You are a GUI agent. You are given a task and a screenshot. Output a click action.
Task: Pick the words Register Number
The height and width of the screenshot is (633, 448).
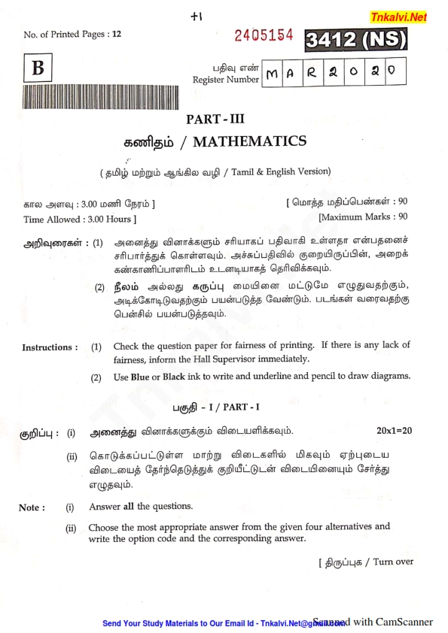[x=225, y=80]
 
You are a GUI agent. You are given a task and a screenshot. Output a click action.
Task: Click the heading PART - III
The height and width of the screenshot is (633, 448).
[x=215, y=117]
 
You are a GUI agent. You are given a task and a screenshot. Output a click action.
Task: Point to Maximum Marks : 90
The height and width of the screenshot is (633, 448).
[x=363, y=217]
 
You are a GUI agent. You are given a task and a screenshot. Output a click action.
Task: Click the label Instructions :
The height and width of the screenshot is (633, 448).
[x=50, y=347]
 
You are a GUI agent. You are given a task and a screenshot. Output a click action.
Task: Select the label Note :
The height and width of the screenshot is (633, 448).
[x=31, y=507]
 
